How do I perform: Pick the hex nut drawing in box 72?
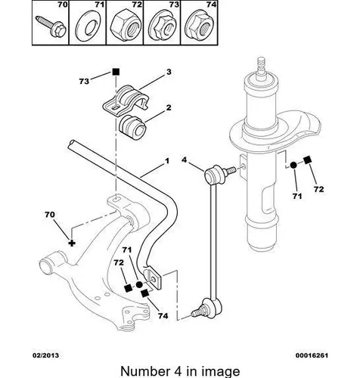tap(126, 27)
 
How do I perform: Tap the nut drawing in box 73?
tap(162, 27)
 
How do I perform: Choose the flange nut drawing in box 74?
tap(200, 27)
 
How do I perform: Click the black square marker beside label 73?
tap(116, 72)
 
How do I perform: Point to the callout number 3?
tap(169, 72)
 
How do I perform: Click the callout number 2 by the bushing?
tap(169, 107)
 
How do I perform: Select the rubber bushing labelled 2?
tap(132, 127)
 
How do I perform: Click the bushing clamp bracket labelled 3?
tap(126, 100)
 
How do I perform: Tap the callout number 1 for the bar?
tap(166, 161)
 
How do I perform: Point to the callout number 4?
tap(185, 160)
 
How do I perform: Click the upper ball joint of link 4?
tap(214, 175)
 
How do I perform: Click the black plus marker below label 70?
tap(72, 243)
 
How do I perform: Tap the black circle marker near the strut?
tap(293, 166)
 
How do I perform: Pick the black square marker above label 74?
tap(144, 293)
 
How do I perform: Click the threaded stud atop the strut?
tap(262, 65)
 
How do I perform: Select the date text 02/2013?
tap(45, 355)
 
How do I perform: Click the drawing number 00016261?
tap(312, 355)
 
